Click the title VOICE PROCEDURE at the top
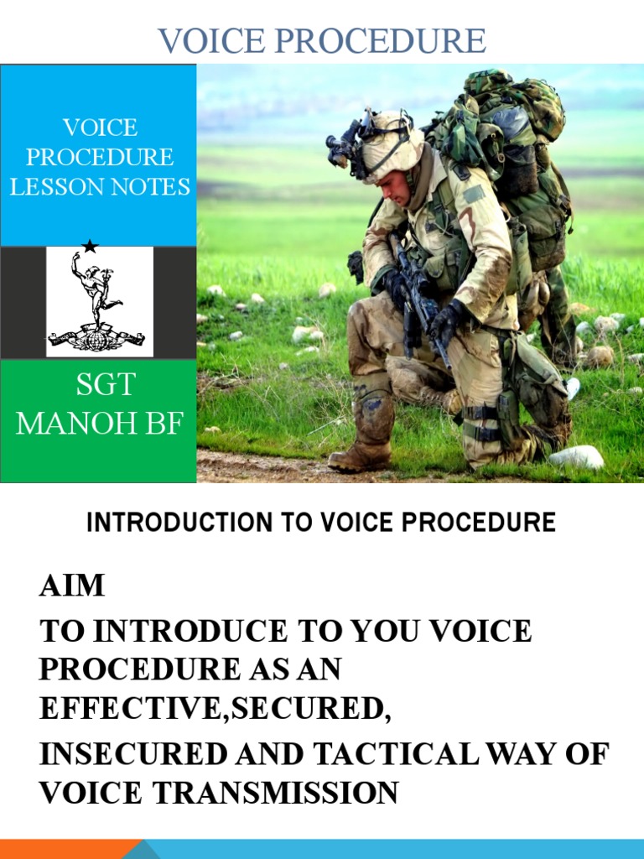pos(322,40)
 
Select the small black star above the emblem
pos(90,246)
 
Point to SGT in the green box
pos(105,385)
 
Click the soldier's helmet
pos(392,143)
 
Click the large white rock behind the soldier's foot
pos(577,457)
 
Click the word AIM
pos(72,586)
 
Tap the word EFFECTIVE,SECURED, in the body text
pos(215,708)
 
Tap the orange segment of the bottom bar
pos(67,849)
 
